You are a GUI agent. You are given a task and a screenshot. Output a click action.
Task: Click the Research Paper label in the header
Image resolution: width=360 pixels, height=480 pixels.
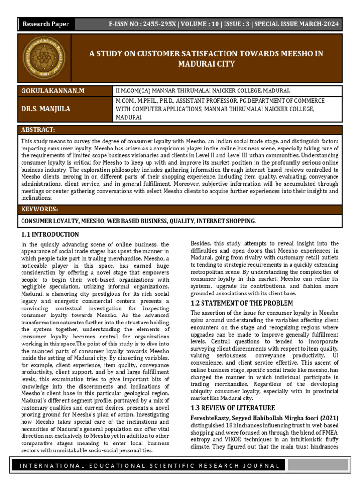click(x=46, y=24)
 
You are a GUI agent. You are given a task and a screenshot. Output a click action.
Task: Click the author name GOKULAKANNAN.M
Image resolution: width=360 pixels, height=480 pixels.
click(x=53, y=90)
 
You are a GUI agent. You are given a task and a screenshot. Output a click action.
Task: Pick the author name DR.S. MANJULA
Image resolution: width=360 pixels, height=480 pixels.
click(x=46, y=109)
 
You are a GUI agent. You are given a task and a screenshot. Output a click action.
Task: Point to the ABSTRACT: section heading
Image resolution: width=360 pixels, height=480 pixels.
click(x=38, y=129)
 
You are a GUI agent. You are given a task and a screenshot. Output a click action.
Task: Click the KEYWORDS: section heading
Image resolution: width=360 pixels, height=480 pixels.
click(x=40, y=209)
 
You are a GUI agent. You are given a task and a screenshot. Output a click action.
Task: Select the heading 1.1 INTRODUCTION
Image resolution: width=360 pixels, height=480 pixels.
click(x=50, y=234)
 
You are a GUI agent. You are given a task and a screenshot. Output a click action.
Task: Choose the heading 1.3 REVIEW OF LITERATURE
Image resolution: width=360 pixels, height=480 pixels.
click(x=232, y=408)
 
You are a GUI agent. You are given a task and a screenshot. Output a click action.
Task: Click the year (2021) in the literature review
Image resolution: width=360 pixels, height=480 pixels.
click(x=329, y=417)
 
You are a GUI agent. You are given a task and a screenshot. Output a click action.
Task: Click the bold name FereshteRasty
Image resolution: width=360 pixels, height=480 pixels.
click(x=210, y=417)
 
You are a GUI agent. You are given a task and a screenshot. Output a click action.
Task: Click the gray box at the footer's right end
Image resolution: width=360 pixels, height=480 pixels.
click(x=318, y=465)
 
